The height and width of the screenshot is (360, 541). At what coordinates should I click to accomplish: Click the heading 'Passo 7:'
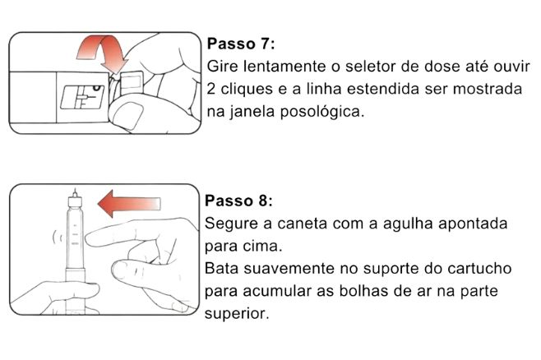pos(241,44)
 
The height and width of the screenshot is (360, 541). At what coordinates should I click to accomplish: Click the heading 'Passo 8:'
pos(238,201)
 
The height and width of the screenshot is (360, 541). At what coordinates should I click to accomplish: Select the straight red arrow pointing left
pos(129,204)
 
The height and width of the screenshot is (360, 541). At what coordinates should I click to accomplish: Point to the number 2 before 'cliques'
pos(210,89)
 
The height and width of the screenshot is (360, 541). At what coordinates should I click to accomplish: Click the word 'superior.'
pos(237,314)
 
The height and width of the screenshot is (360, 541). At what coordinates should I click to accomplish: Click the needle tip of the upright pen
pos(75,188)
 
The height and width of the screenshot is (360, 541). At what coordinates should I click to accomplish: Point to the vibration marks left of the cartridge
pos(58,238)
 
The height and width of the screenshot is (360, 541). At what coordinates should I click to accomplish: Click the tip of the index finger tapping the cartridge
pos(87,239)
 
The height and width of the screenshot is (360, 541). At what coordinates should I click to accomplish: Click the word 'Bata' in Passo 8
pos(221,268)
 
